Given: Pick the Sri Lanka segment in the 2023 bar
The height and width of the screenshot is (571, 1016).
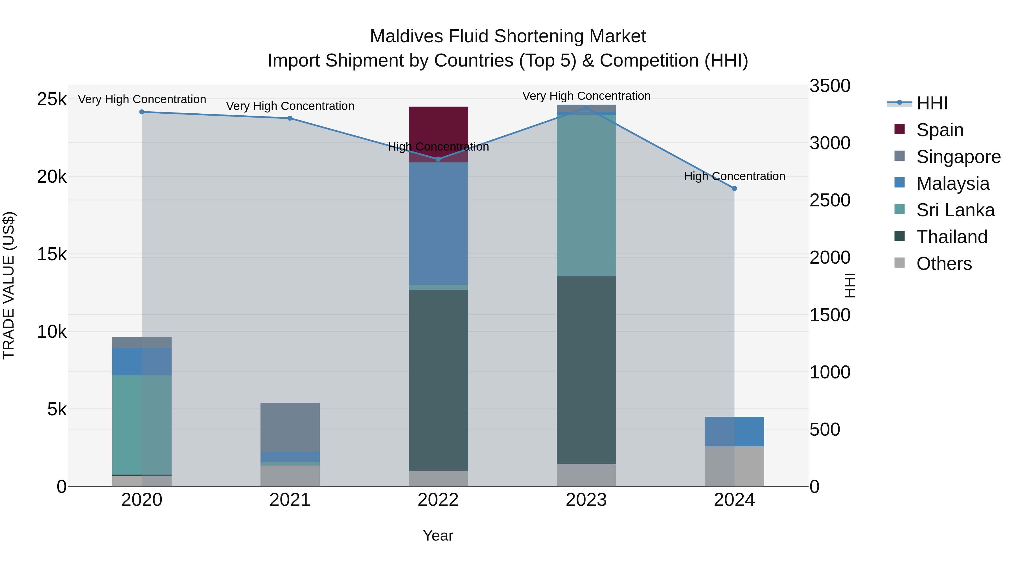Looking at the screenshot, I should tap(586, 195).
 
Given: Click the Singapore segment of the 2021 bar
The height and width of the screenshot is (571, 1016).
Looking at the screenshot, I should tap(290, 427).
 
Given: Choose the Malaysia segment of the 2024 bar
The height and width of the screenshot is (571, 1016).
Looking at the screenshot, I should tap(734, 431).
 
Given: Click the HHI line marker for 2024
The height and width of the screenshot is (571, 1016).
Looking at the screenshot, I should tap(734, 188).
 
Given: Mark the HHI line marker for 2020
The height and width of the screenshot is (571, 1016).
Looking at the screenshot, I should tap(142, 112).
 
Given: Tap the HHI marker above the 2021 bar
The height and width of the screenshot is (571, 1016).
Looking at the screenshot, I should tap(290, 118).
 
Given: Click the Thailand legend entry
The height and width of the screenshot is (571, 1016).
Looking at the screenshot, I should tap(951, 237).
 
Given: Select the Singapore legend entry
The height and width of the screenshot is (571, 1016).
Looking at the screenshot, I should tap(958, 157).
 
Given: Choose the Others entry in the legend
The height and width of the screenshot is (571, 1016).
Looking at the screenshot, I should tap(943, 264).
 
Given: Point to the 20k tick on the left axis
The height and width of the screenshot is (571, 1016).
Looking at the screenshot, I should tap(52, 177).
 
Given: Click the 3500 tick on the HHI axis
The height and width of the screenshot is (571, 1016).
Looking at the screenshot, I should tap(829, 86).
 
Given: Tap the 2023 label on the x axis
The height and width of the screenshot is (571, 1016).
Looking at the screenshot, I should tap(586, 500).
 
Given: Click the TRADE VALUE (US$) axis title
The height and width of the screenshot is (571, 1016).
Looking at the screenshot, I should tap(9, 285).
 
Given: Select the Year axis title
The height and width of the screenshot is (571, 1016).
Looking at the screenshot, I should tap(438, 535).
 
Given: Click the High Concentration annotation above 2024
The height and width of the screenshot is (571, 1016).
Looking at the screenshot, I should tap(734, 176).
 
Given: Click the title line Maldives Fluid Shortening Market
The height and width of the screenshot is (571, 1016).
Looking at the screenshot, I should tap(508, 36).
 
